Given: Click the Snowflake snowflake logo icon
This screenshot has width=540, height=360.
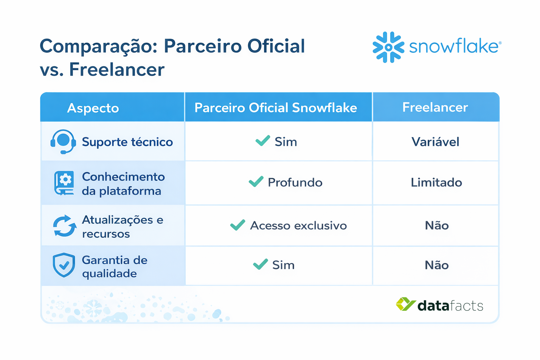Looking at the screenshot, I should click(388, 47).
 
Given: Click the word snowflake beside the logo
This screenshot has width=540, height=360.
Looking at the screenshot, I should click(454, 47).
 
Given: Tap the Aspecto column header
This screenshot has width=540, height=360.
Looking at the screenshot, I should click(93, 108).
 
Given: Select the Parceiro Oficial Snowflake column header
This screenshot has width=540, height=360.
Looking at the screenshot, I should click(276, 108).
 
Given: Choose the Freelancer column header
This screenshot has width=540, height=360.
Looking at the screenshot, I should click(435, 107).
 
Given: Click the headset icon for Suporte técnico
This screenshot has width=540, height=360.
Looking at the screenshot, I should click(63, 142).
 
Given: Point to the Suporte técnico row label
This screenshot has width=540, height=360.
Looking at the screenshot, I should click(127, 142).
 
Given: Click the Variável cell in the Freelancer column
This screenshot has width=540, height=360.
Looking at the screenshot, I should click(435, 142).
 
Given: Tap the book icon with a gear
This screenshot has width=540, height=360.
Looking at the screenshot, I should click(64, 183).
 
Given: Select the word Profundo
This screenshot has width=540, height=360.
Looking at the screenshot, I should click(295, 182).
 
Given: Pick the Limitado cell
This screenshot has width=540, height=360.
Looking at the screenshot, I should click(436, 182).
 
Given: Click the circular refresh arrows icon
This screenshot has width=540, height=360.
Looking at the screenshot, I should click(64, 226).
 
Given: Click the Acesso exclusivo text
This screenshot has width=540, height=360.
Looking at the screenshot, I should click(298, 225).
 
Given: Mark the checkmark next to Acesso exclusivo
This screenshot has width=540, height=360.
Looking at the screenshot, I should click(238, 225).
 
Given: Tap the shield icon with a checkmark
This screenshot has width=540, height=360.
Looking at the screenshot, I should click(64, 265).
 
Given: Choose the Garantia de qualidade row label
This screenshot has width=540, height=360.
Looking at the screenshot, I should click(115, 266).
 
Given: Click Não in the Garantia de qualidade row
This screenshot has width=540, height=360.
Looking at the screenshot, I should click(437, 265).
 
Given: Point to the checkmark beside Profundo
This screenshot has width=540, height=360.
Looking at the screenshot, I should click(256, 181).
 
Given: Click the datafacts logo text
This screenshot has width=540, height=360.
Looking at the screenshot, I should click(450, 306).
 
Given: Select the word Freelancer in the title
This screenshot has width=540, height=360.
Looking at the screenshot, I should click(117, 69).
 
